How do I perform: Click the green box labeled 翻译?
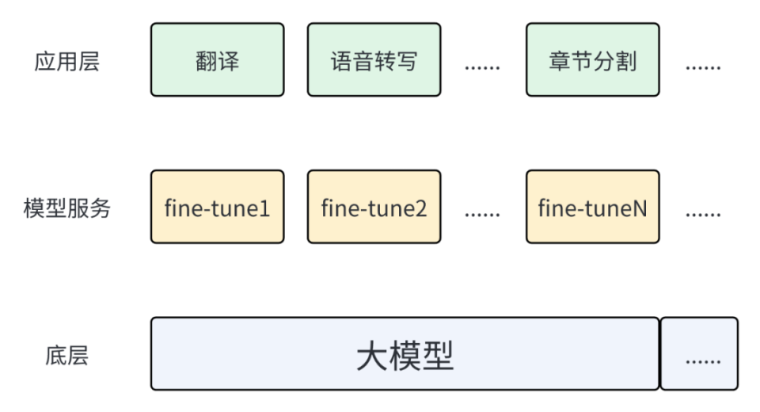[x=217, y=60]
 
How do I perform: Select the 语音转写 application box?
[x=374, y=60]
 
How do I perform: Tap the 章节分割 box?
[x=592, y=60]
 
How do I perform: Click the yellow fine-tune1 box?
[x=217, y=208]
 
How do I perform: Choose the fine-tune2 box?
[x=374, y=208]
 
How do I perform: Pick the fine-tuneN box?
[x=592, y=208]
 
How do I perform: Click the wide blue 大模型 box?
[x=405, y=354]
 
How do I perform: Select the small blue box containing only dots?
[x=699, y=354]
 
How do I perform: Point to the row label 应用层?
[x=67, y=62]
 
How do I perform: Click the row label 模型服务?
[x=67, y=209]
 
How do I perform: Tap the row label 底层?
[x=67, y=356]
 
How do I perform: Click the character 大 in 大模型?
[x=372, y=356]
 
